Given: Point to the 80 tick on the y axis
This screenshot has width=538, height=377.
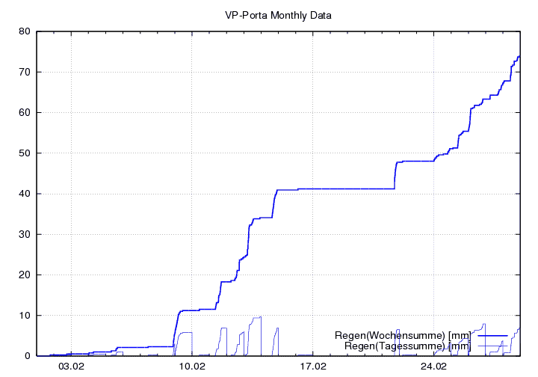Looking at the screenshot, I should [x=24, y=31].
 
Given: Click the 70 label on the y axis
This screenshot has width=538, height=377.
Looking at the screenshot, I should [x=24, y=72].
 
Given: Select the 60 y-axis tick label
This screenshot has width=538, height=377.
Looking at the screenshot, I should [x=24, y=112].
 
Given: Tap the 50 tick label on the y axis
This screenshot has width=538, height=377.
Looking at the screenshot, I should [x=24, y=153].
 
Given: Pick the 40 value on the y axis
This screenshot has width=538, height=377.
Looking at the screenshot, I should [x=24, y=194].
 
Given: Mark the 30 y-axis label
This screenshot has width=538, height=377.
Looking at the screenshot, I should [x=24, y=234].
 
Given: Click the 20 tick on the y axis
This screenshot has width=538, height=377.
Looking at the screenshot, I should [x=24, y=275].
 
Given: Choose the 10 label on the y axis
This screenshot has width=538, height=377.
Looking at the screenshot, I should [x=24, y=315].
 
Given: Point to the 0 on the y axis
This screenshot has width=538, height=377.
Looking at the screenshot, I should [x=27, y=356].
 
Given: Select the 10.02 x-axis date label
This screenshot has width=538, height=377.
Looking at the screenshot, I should [x=192, y=367].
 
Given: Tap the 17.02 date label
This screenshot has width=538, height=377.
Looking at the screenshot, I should [x=313, y=367].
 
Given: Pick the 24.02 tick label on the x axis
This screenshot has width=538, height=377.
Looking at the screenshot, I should [x=433, y=367].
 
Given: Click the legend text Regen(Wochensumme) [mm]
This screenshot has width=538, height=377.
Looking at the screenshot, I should [x=403, y=336].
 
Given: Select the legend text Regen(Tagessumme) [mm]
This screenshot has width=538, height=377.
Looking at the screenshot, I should [x=407, y=346].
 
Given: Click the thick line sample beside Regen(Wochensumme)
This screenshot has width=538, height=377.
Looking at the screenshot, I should [x=492, y=336].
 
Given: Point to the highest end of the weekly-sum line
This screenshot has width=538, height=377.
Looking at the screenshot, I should [x=519, y=56].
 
